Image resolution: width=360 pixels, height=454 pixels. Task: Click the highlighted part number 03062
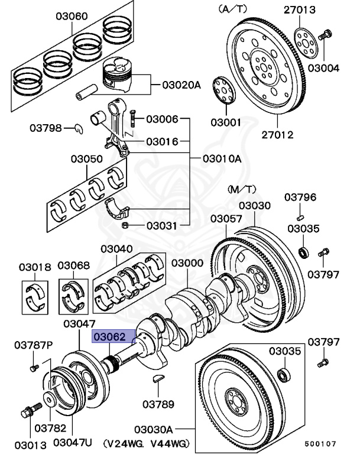(x=112, y=338)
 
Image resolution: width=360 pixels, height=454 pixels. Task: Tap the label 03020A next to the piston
(x=181, y=85)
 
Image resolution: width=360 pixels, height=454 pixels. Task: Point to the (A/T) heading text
(x=233, y=9)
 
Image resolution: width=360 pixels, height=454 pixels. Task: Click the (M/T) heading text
(x=242, y=189)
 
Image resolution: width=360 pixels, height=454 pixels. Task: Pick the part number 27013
(x=316, y=9)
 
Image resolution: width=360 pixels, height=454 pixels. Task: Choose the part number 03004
(x=323, y=68)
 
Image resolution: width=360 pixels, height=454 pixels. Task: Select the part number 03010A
(x=222, y=158)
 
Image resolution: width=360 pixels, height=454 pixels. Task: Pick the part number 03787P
(x=34, y=345)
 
